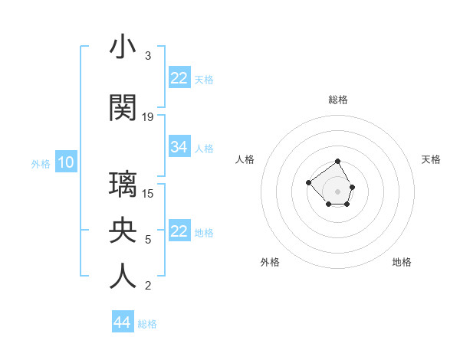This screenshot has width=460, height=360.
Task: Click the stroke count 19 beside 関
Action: pyautogui.click(x=148, y=117)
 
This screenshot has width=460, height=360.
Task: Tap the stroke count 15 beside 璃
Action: pyautogui.click(x=148, y=193)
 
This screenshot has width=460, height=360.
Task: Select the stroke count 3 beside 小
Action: pyautogui.click(x=148, y=56)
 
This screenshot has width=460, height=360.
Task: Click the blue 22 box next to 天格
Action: pyautogui.click(x=179, y=77)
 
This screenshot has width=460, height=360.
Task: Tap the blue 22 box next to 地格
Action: pyautogui.click(x=179, y=231)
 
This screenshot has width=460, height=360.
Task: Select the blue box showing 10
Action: pyautogui.click(x=65, y=162)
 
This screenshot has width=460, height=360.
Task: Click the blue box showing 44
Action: pyautogui.click(x=122, y=322)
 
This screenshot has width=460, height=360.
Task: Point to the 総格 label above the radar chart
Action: pyautogui.click(x=338, y=100)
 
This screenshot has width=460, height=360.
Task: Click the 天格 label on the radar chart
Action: pyautogui.click(x=431, y=159)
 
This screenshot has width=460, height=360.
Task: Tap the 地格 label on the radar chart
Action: pyautogui.click(x=402, y=262)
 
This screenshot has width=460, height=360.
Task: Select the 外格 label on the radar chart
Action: pyautogui.click(x=270, y=262)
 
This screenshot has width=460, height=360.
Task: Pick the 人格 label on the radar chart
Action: pyautogui.click(x=245, y=159)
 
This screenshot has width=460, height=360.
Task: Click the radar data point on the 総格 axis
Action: pyautogui.click(x=338, y=162)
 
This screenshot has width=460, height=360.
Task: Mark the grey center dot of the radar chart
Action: pyautogui.click(x=338, y=191)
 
